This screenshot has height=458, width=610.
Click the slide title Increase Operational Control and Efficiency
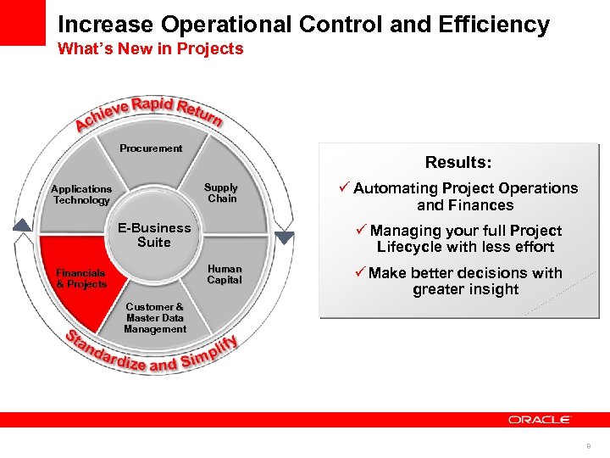(x=303, y=24)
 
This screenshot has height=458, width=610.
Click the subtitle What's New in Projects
(x=150, y=49)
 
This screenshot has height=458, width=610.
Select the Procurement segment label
(x=151, y=148)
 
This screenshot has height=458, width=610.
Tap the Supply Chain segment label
(x=221, y=193)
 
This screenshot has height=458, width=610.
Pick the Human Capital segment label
(x=225, y=275)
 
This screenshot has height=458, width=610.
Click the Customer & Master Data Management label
(x=155, y=318)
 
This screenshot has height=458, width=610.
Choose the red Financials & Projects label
(x=81, y=279)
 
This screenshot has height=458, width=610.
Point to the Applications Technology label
(x=81, y=195)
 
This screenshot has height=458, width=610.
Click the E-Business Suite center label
(x=154, y=235)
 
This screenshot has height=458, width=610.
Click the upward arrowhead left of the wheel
(x=23, y=226)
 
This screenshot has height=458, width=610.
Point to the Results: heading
(x=458, y=162)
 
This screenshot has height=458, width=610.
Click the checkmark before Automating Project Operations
(x=345, y=188)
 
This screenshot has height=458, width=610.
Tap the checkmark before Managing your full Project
(x=362, y=231)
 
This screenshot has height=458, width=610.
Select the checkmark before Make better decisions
(x=360, y=273)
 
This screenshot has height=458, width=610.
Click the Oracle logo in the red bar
(x=540, y=419)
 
